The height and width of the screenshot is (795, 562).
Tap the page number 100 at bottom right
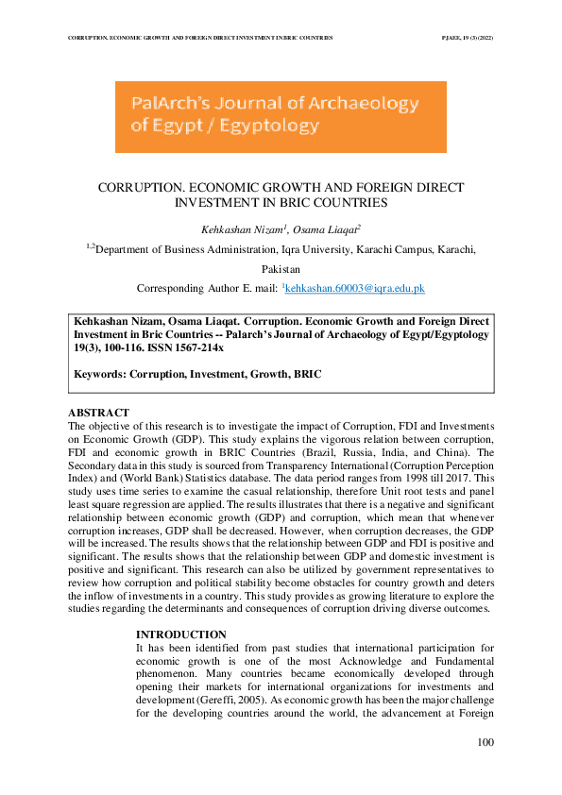[x=485, y=743]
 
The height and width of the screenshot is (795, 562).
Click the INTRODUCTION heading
[x=181, y=634]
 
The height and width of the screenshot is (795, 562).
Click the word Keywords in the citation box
[x=99, y=374]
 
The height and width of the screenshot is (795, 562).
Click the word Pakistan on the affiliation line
[x=280, y=268]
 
